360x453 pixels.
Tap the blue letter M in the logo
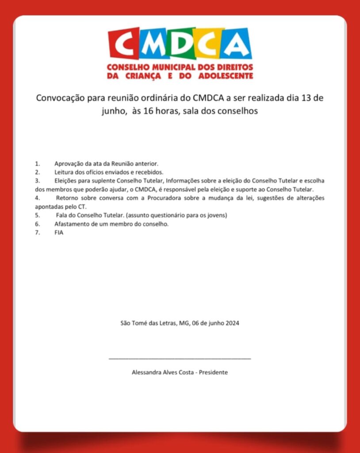point(155,43)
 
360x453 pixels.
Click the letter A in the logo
point(237,43)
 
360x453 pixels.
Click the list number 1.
point(37,164)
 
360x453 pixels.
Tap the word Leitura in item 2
point(64,172)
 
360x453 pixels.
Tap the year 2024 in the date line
point(232,323)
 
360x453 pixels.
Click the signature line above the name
point(180,358)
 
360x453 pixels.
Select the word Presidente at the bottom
point(214,372)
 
